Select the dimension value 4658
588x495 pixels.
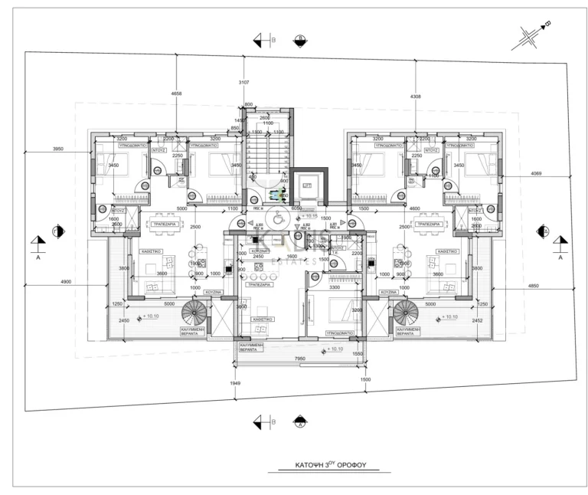coord(177,93)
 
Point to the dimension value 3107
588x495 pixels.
coord(244,82)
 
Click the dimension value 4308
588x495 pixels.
coord(415,97)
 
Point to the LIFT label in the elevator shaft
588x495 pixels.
coord(308,186)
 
